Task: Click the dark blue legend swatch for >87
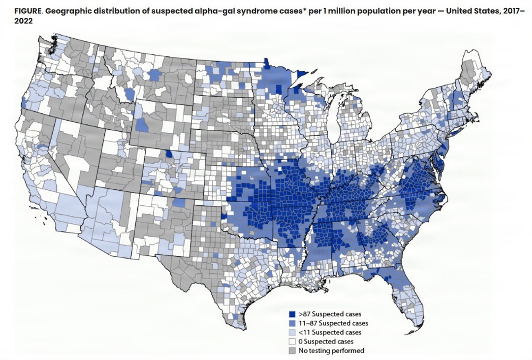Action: click(x=291, y=314)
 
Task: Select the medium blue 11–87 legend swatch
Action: click(x=291, y=323)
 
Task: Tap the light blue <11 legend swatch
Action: click(x=291, y=332)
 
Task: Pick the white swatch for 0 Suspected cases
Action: click(x=291, y=341)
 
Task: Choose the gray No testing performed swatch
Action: click(x=291, y=350)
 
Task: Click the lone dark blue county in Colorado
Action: click(x=169, y=154)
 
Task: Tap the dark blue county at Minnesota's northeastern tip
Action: click(x=304, y=74)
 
